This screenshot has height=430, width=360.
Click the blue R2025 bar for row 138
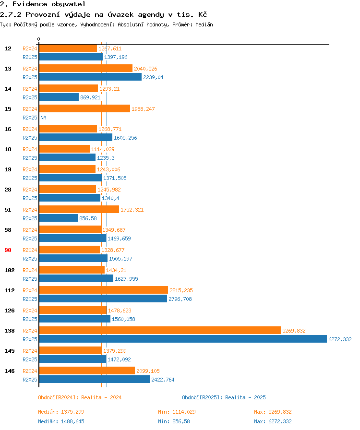click(x=183, y=339)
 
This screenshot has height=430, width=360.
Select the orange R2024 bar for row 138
click(x=160, y=330)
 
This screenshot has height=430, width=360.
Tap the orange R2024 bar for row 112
click(x=104, y=290)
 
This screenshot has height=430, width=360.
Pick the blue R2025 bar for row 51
click(x=59, y=218)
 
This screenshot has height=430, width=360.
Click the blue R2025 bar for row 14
click(x=59, y=97)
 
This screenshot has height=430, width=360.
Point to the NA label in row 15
click(x=43, y=118)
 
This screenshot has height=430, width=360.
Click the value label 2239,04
click(x=153, y=77)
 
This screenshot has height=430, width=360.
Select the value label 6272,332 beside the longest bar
click(x=340, y=339)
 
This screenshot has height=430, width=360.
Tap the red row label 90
click(x=8, y=250)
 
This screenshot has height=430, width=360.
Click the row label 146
click(x=10, y=371)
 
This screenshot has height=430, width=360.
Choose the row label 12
click(x=8, y=48)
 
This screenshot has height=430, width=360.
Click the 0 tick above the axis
click(x=39, y=39)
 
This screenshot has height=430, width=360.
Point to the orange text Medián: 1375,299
click(x=61, y=412)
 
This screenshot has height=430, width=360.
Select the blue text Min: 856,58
click(x=174, y=421)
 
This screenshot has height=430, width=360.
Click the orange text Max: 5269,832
click(x=273, y=412)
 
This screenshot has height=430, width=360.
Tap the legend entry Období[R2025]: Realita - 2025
click(x=224, y=397)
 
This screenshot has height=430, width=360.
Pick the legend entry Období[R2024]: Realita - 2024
click(x=80, y=397)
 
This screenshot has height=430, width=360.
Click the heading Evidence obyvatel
click(x=49, y=4)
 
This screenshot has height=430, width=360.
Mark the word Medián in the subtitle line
click(x=204, y=24)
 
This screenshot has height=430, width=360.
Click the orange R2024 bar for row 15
click(x=84, y=108)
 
